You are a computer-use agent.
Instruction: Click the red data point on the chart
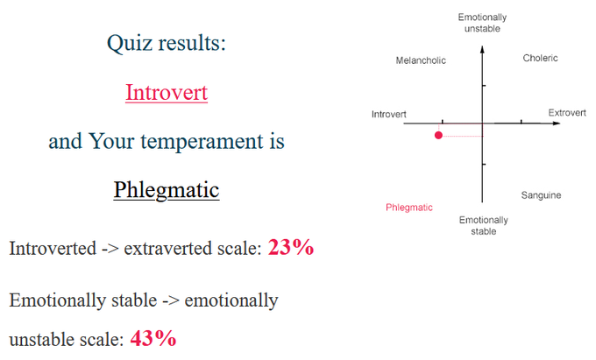pyautogui.click(x=438, y=135)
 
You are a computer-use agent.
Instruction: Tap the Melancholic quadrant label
pyautogui.click(x=421, y=60)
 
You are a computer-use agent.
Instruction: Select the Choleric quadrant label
pyautogui.click(x=540, y=58)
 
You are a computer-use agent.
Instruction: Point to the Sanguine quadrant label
pyautogui.click(x=541, y=195)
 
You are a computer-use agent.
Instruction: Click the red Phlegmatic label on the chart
pyautogui.click(x=409, y=208)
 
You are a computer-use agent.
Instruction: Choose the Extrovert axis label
pyautogui.click(x=567, y=113)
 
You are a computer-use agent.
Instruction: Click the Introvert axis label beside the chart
pyautogui.click(x=389, y=114)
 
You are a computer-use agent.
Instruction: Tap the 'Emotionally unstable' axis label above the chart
pyautogui.click(x=482, y=23)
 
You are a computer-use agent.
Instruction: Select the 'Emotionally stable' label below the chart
pyautogui.click(x=484, y=226)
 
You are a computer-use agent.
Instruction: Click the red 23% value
pyautogui.click(x=291, y=248)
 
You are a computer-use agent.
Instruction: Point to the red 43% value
pyautogui.click(x=153, y=338)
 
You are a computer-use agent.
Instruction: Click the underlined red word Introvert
pyautogui.click(x=167, y=92)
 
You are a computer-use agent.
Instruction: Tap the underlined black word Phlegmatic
pyautogui.click(x=167, y=189)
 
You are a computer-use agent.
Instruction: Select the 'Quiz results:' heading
pyautogui.click(x=167, y=42)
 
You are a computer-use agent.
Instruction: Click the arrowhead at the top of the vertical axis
pyautogui.click(x=482, y=49)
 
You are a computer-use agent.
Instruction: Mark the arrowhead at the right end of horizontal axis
pyautogui.click(x=557, y=123)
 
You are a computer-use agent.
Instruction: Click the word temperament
pyautogui.click(x=202, y=142)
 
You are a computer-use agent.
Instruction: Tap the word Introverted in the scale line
pyautogui.click(x=53, y=249)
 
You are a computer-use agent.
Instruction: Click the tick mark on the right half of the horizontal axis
pyautogui.click(x=521, y=122)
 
